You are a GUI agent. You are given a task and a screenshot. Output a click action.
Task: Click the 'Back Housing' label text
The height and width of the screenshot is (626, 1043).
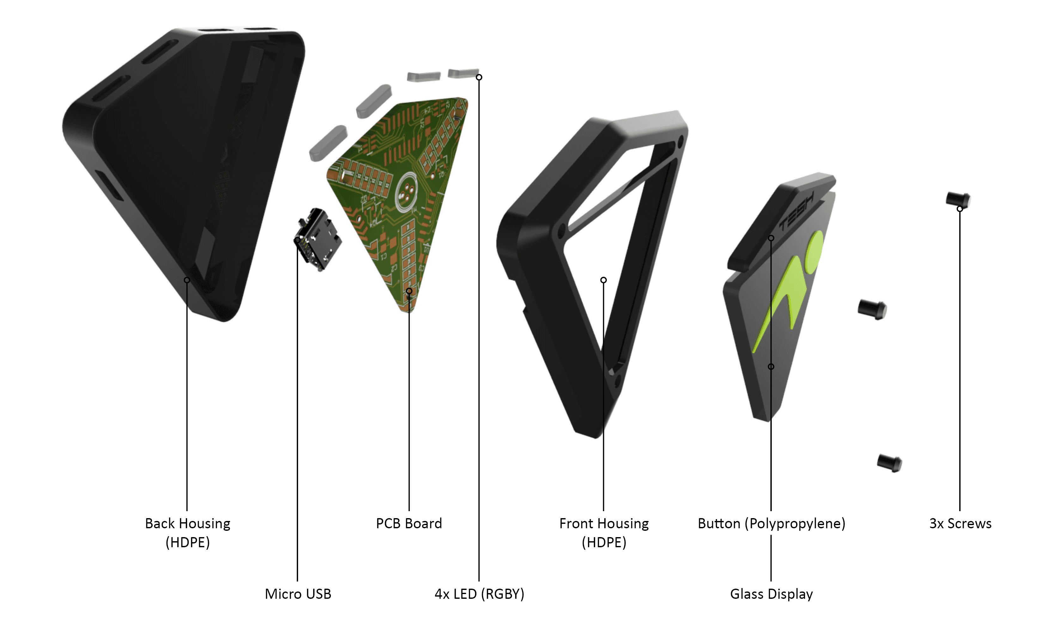click(x=187, y=524)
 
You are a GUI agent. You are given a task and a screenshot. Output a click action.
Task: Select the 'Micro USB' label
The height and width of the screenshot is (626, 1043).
click(x=298, y=594)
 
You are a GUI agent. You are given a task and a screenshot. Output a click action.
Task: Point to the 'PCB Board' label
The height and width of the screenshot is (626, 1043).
click(x=409, y=524)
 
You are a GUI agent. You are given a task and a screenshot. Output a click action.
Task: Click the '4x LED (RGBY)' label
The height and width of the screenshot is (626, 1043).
click(x=479, y=594)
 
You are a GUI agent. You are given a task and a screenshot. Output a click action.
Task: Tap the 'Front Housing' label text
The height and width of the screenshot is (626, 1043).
click(x=604, y=524)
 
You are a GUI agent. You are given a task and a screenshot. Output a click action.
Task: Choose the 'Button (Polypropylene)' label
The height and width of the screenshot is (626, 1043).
click(x=771, y=524)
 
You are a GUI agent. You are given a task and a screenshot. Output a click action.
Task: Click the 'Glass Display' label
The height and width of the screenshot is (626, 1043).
click(x=771, y=594)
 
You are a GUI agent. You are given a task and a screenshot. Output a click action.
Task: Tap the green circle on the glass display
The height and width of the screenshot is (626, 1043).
click(x=814, y=250)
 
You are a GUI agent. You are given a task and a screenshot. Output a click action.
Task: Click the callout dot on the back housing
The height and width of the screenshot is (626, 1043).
click(x=187, y=280)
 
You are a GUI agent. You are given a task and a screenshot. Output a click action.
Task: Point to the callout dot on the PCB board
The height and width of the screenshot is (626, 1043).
click(x=409, y=291)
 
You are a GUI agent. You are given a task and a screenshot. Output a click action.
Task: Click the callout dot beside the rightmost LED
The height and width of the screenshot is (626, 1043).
click(x=479, y=77)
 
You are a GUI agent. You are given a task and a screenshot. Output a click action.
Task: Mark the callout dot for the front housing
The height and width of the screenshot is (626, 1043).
click(x=603, y=280)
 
